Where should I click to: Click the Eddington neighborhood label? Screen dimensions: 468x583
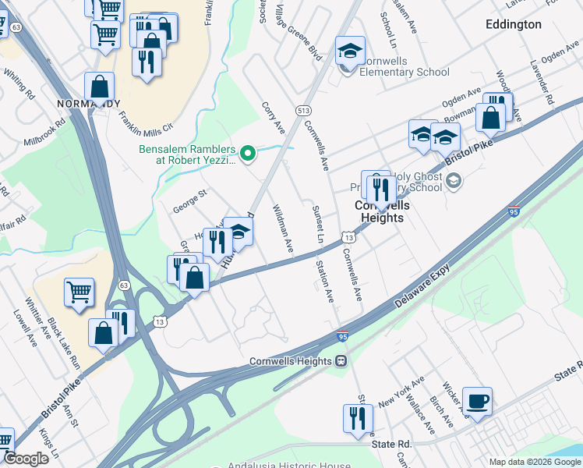coord(513,24)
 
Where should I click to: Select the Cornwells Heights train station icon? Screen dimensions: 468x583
coord(341,361)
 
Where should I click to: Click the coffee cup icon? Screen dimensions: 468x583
coord(477,401)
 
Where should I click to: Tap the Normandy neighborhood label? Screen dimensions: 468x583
coord(89,104)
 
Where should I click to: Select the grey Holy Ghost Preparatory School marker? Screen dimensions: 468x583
coord(454,182)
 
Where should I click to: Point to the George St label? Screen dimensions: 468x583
coord(189,203)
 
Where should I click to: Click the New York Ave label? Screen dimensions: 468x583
coord(401,392)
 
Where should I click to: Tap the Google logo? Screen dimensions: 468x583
coord(26,459)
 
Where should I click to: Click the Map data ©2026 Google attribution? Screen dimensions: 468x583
coord(534,462)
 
